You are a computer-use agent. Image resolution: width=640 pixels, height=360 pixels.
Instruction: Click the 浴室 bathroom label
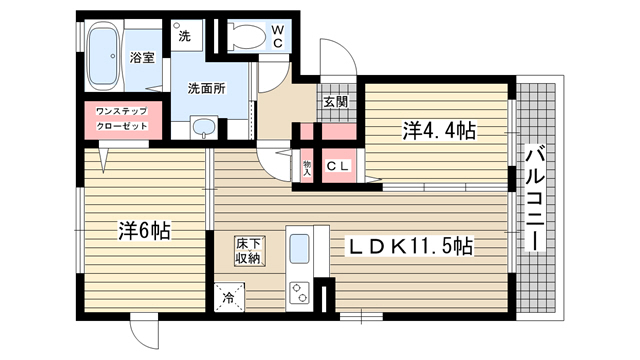tap(142, 59)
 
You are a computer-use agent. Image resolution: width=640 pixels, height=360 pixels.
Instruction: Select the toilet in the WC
tap(245, 38)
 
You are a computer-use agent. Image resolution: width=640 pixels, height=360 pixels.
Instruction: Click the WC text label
tap(279, 38)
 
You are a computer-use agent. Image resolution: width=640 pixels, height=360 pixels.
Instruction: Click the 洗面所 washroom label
tap(206, 87)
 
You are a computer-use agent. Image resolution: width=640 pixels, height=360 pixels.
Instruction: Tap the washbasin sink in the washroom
tap(204, 126)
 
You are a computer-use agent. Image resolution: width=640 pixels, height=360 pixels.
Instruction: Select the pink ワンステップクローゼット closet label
tap(121, 119)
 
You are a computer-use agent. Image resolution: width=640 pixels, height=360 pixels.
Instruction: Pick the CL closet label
tap(337, 166)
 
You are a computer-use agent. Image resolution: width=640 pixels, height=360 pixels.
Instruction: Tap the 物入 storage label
tap(307, 166)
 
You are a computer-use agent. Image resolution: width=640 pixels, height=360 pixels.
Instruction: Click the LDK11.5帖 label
tap(409, 245)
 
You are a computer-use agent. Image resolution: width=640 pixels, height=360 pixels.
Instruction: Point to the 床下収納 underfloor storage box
tap(248, 251)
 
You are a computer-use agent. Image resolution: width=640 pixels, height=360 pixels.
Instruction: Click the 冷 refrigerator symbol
tap(227, 295)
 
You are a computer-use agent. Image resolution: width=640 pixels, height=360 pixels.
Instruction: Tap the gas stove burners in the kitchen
tap(300, 292)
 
